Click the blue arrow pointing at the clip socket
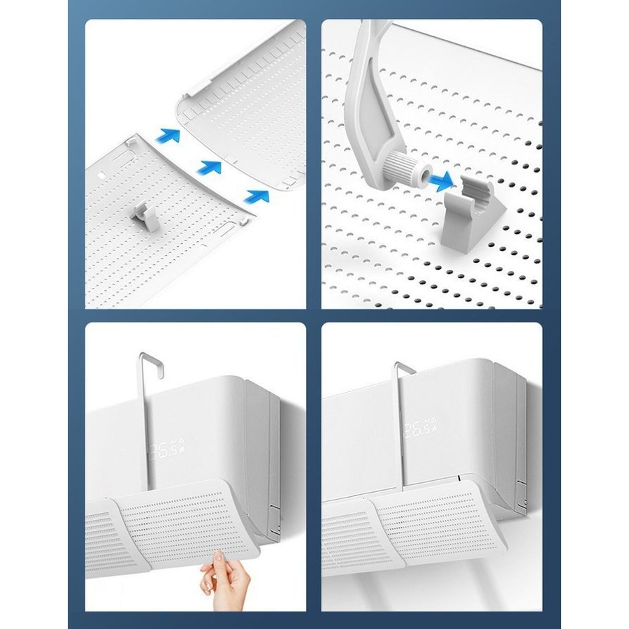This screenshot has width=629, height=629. [440, 181]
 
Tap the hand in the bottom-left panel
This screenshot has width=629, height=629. [224, 578]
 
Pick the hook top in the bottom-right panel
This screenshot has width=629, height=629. [405, 368]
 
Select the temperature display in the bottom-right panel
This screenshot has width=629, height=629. [420, 429]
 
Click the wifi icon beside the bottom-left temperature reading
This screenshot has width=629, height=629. [175, 443]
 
